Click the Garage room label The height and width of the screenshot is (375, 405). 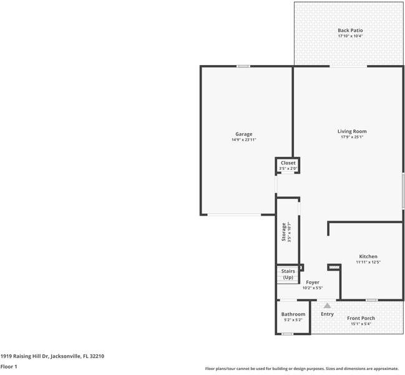(243, 134)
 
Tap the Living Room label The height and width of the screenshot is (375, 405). (352, 131)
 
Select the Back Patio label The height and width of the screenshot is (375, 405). (350, 30)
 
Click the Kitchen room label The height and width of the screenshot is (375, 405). (368, 256)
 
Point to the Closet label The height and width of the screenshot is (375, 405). (288, 162)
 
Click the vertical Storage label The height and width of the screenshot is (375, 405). (284, 232)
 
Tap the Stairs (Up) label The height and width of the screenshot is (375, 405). (288, 274)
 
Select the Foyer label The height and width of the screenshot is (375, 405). (312, 282)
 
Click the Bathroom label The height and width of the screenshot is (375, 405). (293, 314)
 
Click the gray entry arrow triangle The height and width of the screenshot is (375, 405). (326, 305)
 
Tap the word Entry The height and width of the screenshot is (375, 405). (327, 314)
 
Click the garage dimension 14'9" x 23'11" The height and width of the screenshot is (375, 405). (243, 139)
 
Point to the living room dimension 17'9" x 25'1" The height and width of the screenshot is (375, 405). (352, 137)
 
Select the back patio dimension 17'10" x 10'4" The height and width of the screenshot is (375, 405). (350, 36)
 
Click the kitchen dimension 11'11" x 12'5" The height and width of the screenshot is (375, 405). (368, 262)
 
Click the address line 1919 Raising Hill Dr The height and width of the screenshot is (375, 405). (52, 356)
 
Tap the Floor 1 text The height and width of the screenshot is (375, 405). (9, 366)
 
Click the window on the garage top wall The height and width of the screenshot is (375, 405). (243, 66)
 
